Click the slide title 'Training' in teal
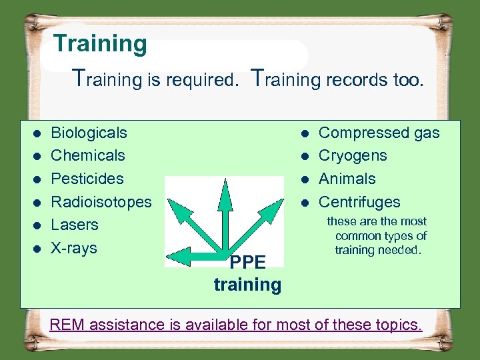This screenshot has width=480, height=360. tap(100, 44)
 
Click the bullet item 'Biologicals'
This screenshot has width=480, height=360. tap(89, 133)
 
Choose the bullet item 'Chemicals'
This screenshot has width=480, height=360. tap(87, 155)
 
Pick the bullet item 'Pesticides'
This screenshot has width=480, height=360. tap(87, 179)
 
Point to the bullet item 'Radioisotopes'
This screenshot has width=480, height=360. tap(101, 202)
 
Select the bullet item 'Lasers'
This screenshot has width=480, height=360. tap(74, 225)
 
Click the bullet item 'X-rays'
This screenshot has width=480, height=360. tap(73, 248)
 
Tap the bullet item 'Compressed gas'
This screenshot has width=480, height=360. tap(379, 133)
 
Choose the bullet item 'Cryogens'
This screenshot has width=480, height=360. tap(353, 155)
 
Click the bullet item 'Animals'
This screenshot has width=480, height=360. tap(347, 179)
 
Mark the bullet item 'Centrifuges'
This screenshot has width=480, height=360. tap(359, 202)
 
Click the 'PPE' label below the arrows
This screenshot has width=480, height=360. tap(247, 263)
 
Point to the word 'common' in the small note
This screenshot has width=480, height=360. tap(361, 236)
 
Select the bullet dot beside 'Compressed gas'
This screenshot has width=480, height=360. tap(303, 133)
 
